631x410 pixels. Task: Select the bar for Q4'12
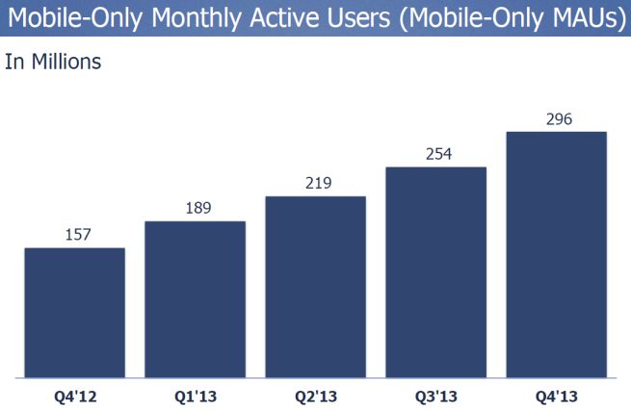coord(74,312)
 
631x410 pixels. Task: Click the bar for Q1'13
coord(195,298)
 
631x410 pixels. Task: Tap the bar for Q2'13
coord(315,286)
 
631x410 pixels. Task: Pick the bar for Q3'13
coord(435,271)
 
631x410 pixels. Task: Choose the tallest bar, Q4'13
coord(556,254)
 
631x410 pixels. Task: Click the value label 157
coord(74,235)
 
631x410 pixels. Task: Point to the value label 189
coord(195,208)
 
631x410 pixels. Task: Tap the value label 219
coord(315,183)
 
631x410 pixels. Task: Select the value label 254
coord(435,154)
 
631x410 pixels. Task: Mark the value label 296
coord(556,118)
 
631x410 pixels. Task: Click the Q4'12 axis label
coord(74,394)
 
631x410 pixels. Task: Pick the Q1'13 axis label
coord(195,394)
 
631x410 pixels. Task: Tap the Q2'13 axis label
coord(315,394)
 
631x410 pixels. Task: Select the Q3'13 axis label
coord(435,394)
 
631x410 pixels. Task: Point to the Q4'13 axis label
coord(556,394)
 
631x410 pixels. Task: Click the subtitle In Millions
coord(53,63)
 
